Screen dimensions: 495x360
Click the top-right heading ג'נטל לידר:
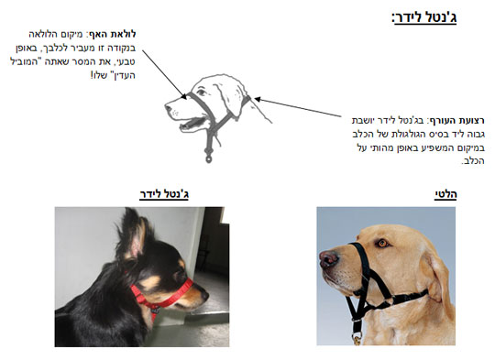(424, 17)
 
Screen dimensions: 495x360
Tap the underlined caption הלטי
(445, 194)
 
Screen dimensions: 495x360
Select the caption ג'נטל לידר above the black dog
(164, 194)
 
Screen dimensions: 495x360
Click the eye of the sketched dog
(201, 93)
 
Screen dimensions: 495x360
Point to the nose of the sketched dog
(168, 108)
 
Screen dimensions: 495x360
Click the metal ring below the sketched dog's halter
(208, 158)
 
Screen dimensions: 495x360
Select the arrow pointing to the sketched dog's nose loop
(164, 74)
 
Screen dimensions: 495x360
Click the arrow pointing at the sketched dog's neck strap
(298, 107)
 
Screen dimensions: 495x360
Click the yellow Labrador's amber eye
(382, 243)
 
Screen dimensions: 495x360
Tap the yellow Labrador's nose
(329, 258)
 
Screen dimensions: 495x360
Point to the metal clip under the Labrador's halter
(357, 338)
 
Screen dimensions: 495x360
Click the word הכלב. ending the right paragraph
(473, 161)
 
